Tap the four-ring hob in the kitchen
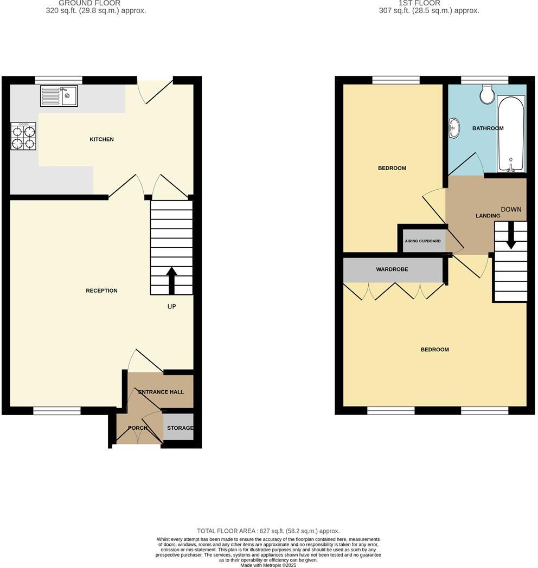(23, 136)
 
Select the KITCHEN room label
(101, 139)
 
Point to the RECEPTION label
(101, 291)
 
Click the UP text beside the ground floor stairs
(171, 306)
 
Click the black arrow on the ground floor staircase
(171, 280)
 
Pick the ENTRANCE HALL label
(161, 392)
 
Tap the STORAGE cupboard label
(180, 428)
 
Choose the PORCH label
(138, 428)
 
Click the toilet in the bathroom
(487, 95)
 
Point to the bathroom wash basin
(454, 128)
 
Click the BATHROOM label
(488, 128)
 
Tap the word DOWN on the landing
(511, 209)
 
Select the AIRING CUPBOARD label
(422, 241)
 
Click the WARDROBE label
(392, 269)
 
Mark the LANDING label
(488, 216)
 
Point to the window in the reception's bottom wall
(57, 411)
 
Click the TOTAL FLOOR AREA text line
(268, 531)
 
